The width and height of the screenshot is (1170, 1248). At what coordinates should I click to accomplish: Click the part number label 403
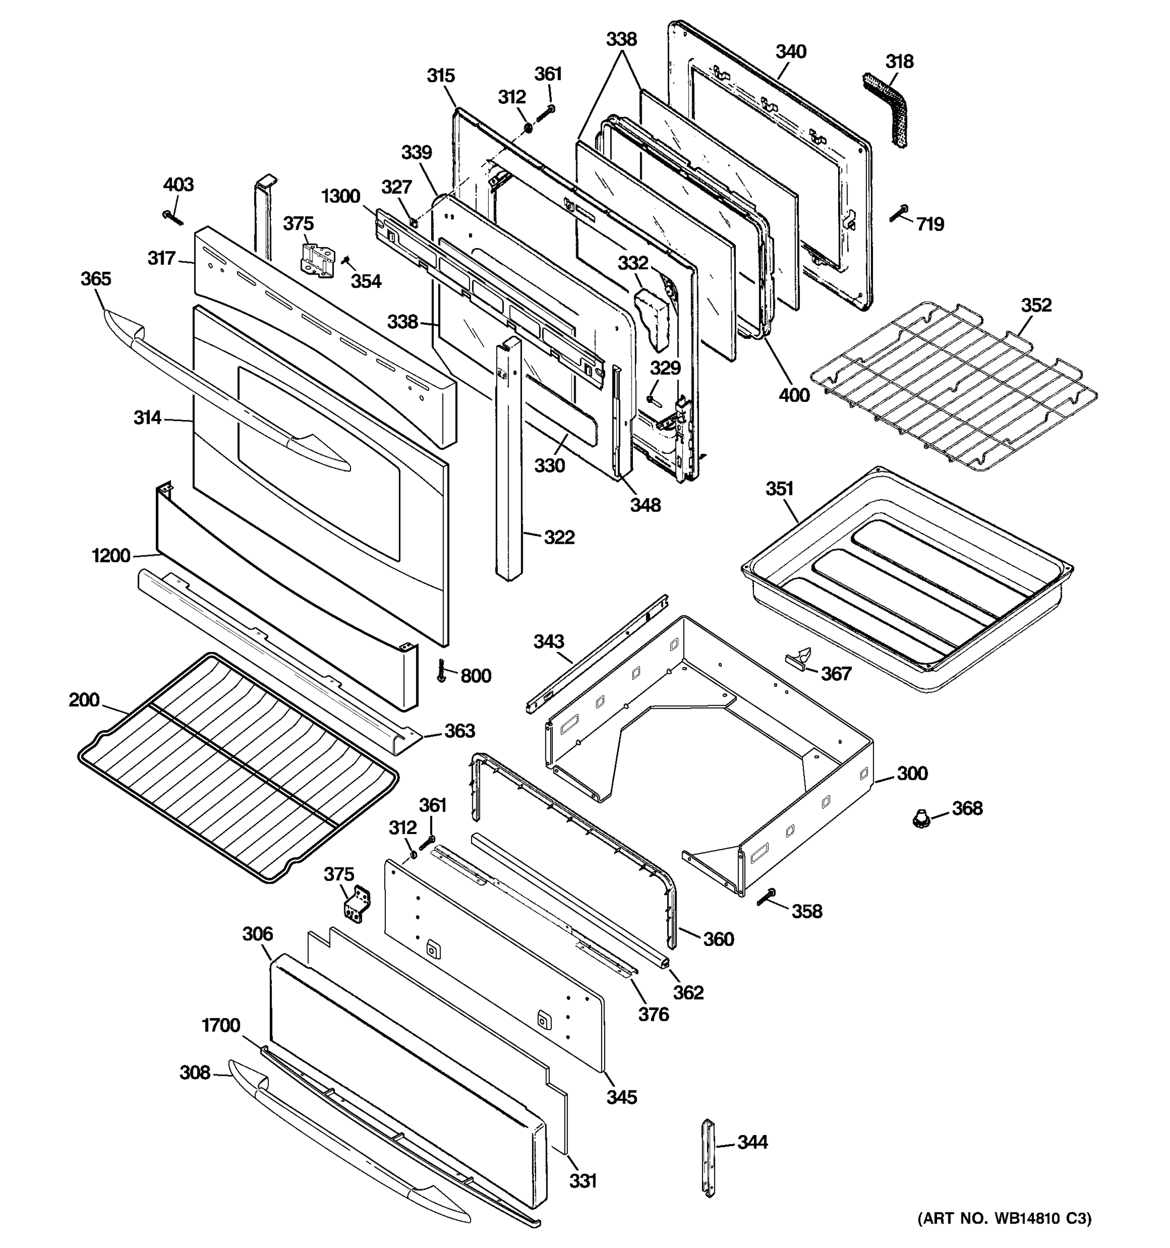[x=178, y=185]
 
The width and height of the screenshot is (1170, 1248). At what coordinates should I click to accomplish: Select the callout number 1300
[x=341, y=197]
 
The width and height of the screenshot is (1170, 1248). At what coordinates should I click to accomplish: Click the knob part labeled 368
[x=920, y=817]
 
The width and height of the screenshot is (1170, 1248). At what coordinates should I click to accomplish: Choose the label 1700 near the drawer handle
[x=221, y=1025]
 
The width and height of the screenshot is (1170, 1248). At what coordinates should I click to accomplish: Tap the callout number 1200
[x=111, y=555]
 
